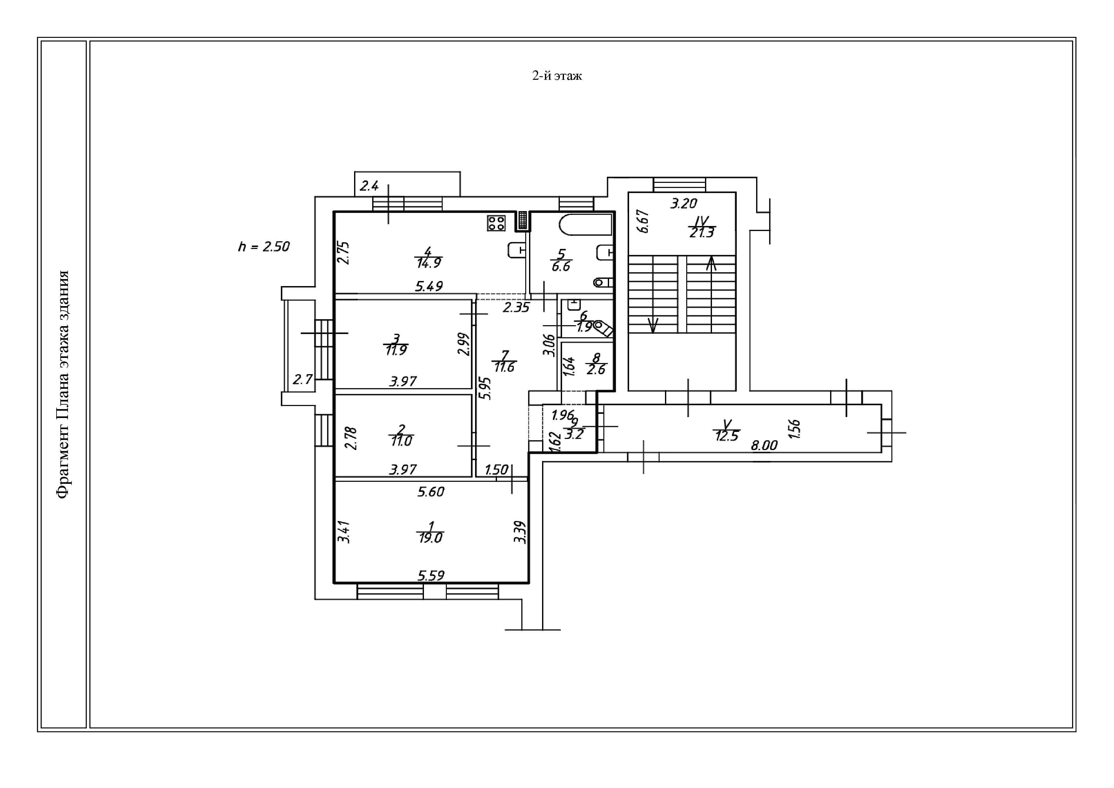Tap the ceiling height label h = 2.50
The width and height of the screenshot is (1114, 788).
click(264, 247)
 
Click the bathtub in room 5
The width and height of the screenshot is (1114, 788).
click(585, 225)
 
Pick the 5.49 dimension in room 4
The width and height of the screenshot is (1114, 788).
click(429, 286)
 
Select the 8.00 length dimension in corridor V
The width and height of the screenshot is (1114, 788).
click(764, 445)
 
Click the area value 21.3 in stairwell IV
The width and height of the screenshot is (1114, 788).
click(701, 233)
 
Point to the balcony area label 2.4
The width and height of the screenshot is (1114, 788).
click(369, 186)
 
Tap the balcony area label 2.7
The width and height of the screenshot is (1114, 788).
click(303, 379)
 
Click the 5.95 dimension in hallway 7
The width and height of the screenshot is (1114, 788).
click(485, 388)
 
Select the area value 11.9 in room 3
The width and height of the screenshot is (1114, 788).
click(396, 350)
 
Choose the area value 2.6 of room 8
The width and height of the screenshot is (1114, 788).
click(596, 369)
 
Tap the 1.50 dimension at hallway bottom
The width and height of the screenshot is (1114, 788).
click(496, 469)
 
